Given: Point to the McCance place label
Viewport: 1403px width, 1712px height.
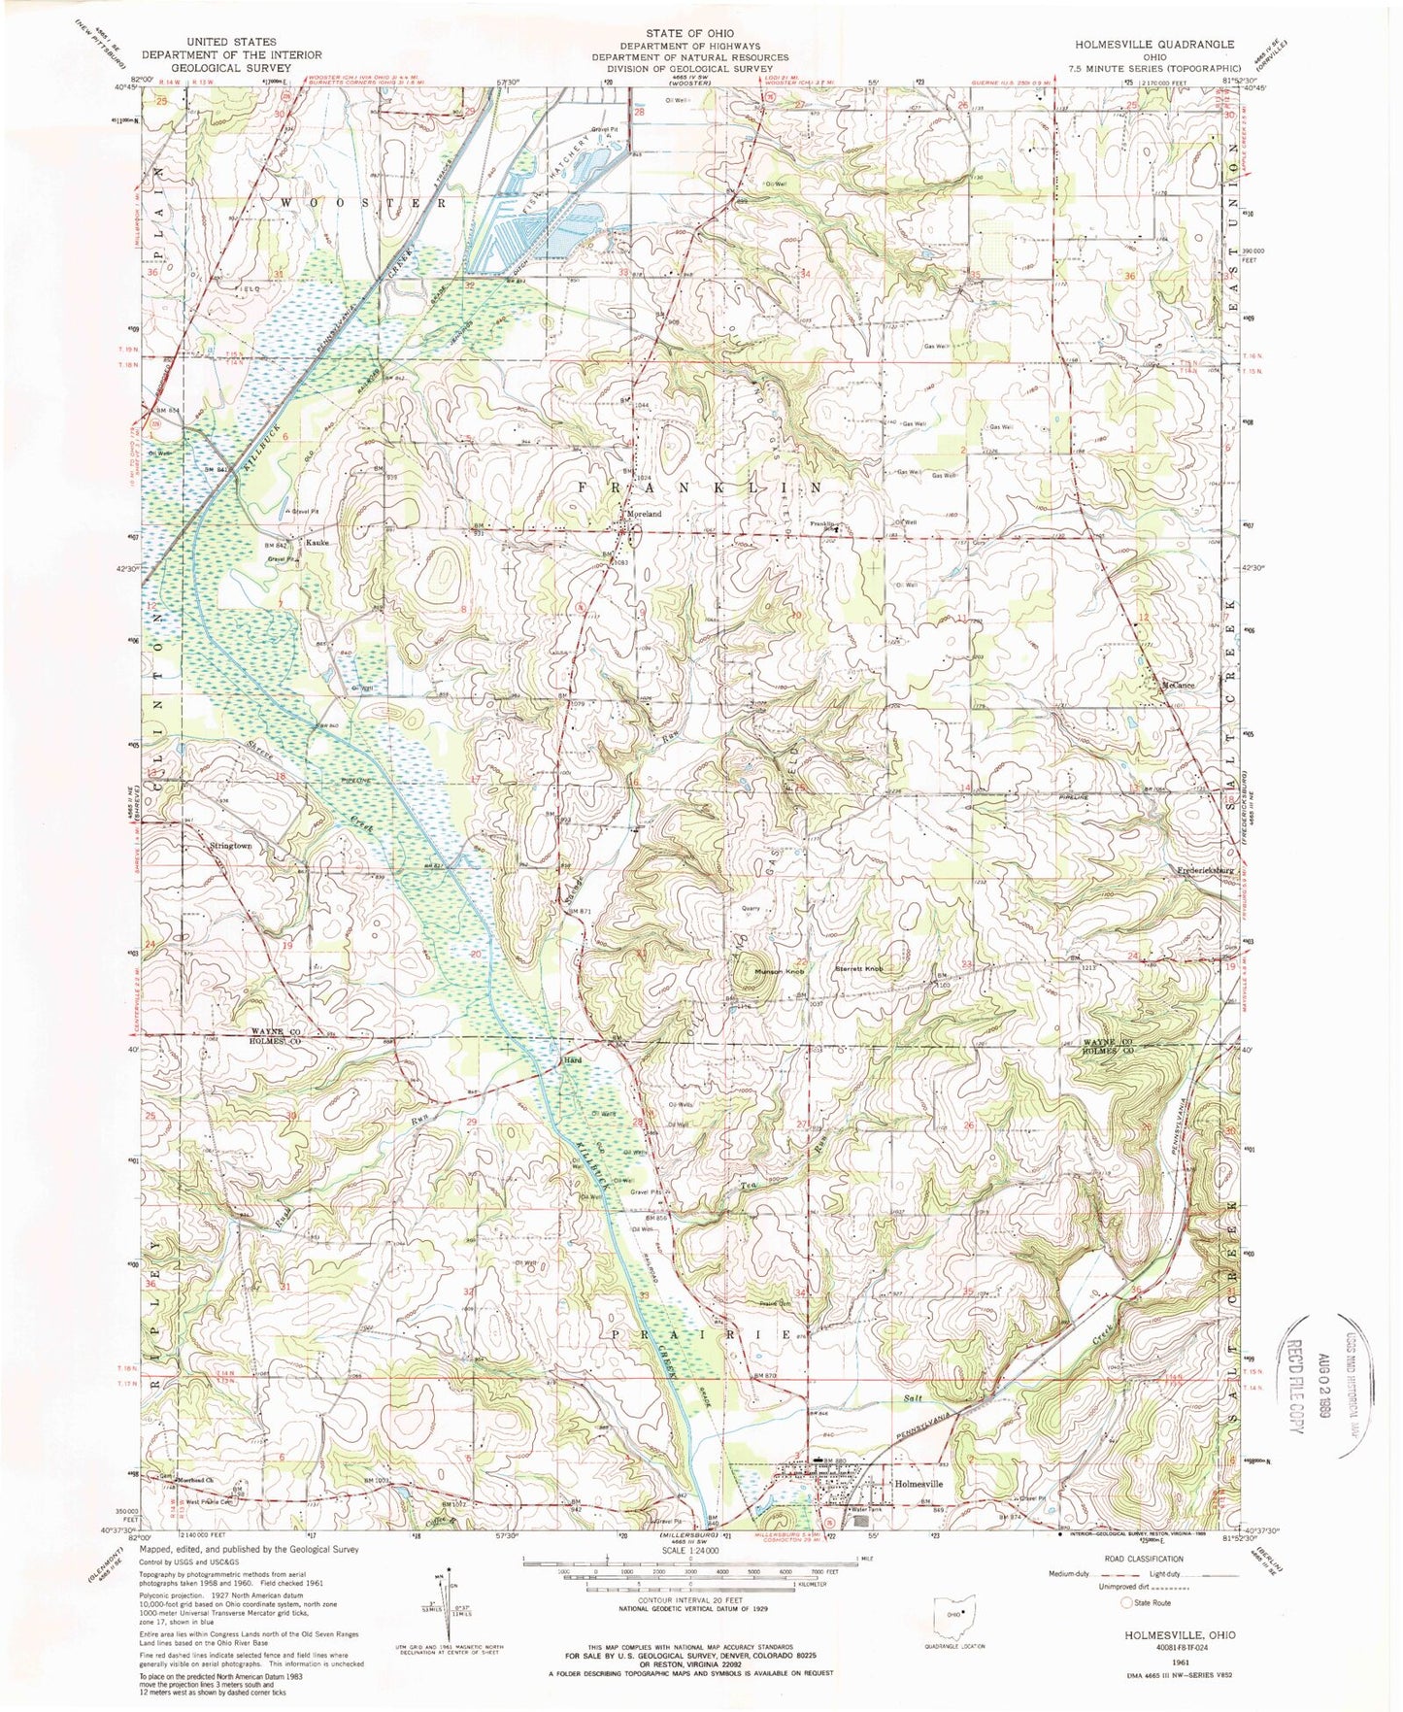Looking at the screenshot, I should click(x=1177, y=686).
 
